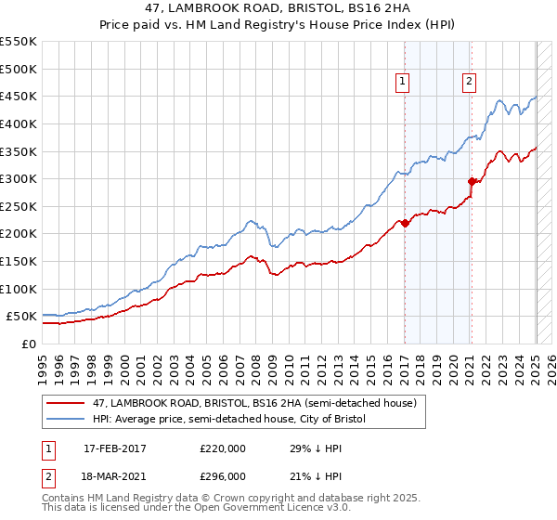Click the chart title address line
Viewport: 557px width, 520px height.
(278, 8)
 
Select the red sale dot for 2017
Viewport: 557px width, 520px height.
(405, 223)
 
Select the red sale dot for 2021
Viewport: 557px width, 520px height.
(472, 181)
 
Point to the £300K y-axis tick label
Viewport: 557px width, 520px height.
(19, 178)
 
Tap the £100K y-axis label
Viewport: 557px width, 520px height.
(19, 289)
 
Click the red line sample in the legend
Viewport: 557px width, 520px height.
(66, 403)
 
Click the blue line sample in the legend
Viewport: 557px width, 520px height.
(66, 419)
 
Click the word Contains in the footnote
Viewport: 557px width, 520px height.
(64, 500)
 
